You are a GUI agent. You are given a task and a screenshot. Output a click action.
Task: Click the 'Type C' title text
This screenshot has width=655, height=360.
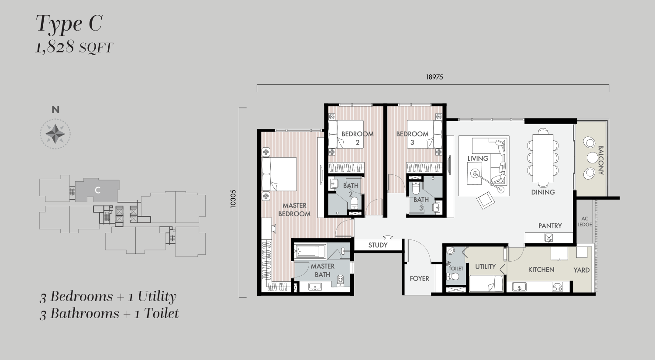pyautogui.click(x=69, y=24)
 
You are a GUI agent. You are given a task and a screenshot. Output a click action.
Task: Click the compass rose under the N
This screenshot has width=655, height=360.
pyautogui.click(x=55, y=134)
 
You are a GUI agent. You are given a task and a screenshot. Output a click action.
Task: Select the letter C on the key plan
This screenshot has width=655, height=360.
pyautogui.click(x=98, y=190)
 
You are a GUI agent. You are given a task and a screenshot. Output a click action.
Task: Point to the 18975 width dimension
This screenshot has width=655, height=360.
pyautogui.click(x=434, y=77)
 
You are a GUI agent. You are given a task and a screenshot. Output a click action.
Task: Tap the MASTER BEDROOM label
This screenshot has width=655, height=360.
pyautogui.click(x=294, y=210)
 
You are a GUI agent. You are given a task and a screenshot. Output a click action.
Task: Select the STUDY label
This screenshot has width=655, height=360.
pyautogui.click(x=378, y=245)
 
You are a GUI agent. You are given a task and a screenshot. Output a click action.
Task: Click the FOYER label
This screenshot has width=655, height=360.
pyautogui.click(x=419, y=278)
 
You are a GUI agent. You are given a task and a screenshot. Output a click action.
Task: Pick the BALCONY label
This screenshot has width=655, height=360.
pyautogui.click(x=601, y=160)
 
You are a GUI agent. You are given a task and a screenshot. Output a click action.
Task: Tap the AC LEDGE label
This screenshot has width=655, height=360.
pyautogui.click(x=585, y=222)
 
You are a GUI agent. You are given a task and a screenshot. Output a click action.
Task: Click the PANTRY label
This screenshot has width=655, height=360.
pyautogui.click(x=550, y=226)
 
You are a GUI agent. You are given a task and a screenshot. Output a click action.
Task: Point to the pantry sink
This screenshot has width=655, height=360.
pyautogui.click(x=549, y=238)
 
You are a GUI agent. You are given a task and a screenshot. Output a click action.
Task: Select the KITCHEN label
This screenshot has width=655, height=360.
pyautogui.click(x=541, y=270)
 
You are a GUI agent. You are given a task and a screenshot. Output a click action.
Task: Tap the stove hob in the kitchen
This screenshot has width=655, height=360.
pyautogui.click(x=557, y=287)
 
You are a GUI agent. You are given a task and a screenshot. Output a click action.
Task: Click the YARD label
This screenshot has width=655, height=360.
pyautogui.click(x=581, y=270)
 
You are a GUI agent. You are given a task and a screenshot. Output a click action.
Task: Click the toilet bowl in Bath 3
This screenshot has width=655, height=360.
pyautogui.click(x=416, y=188)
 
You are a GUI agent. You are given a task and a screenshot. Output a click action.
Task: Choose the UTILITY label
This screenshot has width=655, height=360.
pyautogui.click(x=485, y=267)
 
